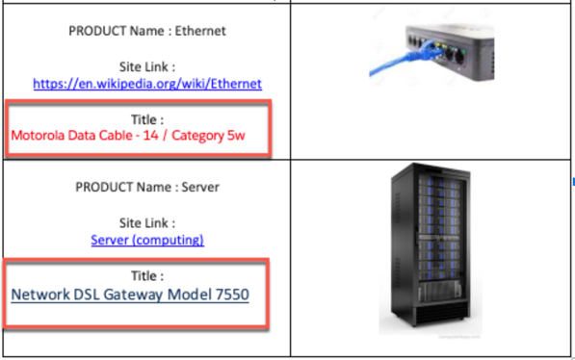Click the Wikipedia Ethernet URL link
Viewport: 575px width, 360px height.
tap(147, 84)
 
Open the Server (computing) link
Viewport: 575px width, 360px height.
tap(147, 239)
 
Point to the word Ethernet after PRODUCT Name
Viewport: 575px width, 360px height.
tap(199, 30)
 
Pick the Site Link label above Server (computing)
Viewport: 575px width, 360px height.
tap(147, 221)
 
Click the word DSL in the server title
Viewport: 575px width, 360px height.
tap(93, 293)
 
